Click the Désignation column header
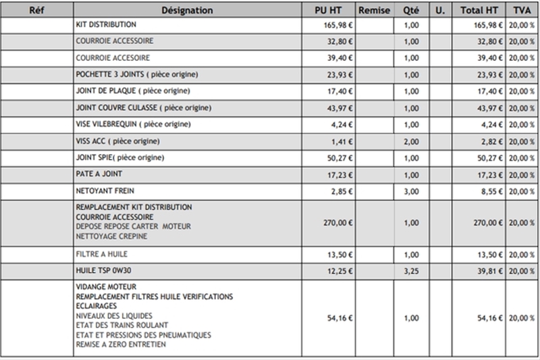(x=188, y=11)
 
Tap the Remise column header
(x=375, y=11)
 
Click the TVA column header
(x=521, y=11)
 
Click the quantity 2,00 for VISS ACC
(x=411, y=141)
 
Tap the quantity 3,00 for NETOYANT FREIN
(x=411, y=191)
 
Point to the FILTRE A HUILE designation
(x=103, y=254)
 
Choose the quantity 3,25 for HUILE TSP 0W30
(x=411, y=270)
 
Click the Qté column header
(x=411, y=11)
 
